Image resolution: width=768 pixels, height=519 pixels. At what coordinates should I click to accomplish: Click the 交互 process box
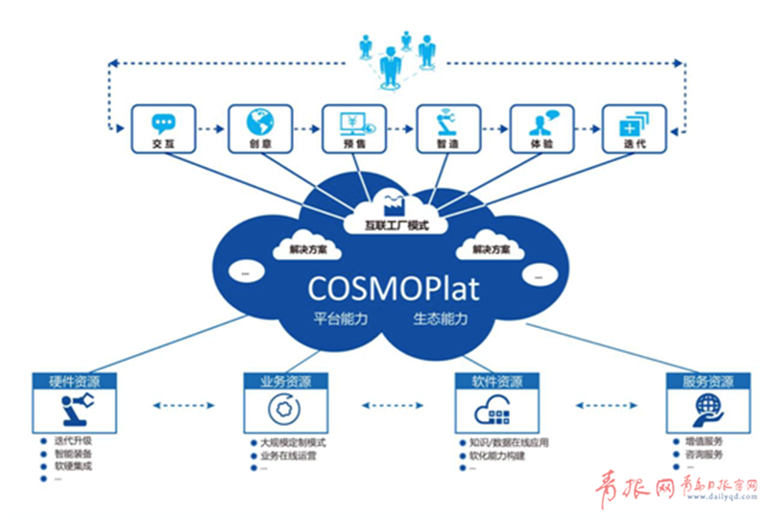tap(164, 131)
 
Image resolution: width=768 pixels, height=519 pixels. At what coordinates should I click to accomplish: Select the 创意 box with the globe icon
tap(258, 131)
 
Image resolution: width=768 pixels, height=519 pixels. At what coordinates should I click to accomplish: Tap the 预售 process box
tap(352, 131)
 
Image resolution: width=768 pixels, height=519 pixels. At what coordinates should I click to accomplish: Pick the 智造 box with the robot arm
tap(446, 131)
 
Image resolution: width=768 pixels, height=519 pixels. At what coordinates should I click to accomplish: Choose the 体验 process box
tap(540, 131)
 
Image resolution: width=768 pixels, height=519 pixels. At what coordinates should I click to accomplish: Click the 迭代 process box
tap(635, 131)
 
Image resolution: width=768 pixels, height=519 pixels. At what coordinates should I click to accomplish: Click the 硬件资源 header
tap(75, 381)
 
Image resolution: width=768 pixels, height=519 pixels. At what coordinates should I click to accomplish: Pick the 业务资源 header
tap(285, 381)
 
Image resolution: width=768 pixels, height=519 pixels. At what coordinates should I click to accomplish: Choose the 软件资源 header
tap(496, 381)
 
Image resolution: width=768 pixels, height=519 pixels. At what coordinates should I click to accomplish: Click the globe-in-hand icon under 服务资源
tap(708, 410)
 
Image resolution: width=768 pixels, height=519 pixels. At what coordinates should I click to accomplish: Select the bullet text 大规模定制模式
tap(294, 443)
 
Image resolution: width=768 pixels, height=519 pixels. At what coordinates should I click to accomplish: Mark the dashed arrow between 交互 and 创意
tap(211, 127)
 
